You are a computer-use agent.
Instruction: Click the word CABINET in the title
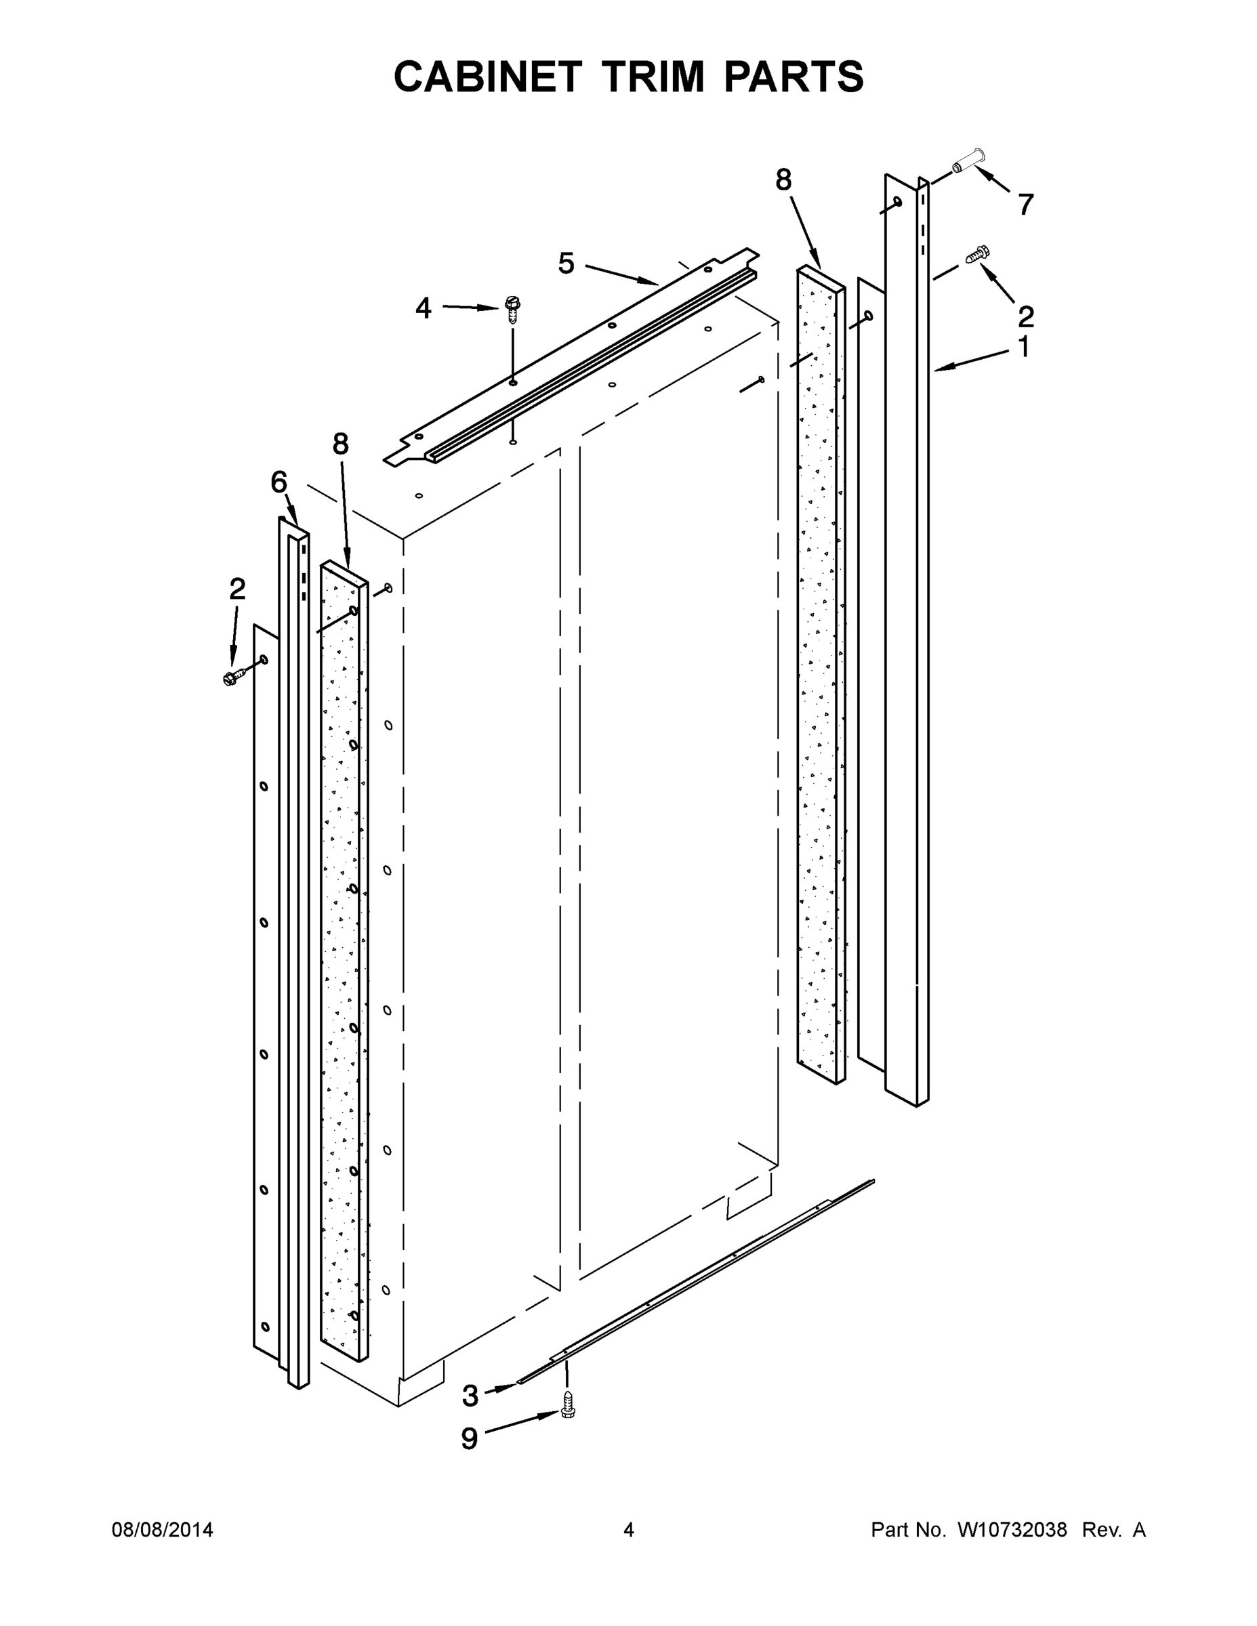487,77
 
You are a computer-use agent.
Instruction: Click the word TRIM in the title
653,77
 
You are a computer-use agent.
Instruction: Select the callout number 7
1025,204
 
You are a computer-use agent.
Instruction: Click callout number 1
1023,347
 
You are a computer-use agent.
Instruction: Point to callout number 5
566,264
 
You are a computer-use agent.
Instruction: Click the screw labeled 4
512,308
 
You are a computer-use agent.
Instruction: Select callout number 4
423,308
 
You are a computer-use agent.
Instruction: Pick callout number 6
279,482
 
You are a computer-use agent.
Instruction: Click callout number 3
470,1396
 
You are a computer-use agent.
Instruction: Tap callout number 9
469,1439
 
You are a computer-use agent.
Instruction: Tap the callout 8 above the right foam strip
783,180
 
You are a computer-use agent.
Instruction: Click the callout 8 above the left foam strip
339,444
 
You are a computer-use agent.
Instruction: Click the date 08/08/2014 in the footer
163,1530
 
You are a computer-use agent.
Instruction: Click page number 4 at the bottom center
629,1530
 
